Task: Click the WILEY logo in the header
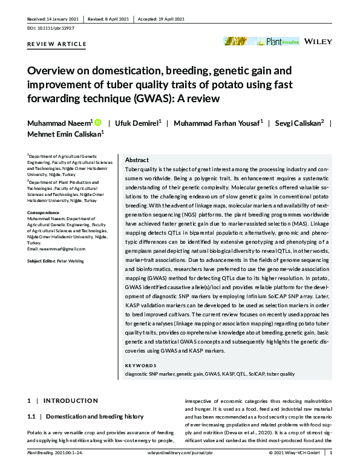[x=318, y=42]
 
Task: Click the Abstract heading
[x=137, y=160]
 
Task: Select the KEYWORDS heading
[x=140, y=366]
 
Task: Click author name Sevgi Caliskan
[x=304, y=123]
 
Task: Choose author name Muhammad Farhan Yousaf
[x=217, y=123]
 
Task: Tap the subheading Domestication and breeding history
[x=94, y=417]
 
